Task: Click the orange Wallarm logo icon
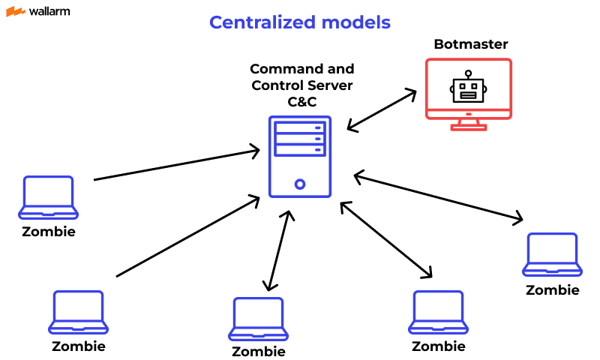(15, 11)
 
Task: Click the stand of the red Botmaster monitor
(468, 124)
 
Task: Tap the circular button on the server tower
(300, 184)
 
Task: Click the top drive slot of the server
(300, 127)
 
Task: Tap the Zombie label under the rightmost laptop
(552, 290)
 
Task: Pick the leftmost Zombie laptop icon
(49, 196)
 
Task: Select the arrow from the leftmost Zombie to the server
(176, 166)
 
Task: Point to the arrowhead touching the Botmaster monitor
(411, 93)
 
